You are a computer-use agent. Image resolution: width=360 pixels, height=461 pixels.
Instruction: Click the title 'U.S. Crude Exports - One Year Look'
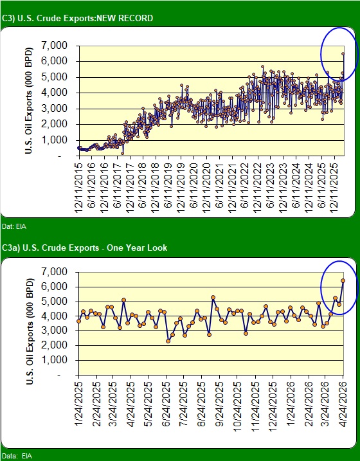point(85,248)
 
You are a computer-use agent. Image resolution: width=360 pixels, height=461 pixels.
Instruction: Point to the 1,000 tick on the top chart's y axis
point(55,140)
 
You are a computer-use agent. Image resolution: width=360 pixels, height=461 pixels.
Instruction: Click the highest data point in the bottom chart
point(343,280)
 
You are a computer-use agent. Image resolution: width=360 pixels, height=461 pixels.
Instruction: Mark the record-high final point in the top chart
point(343,54)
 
